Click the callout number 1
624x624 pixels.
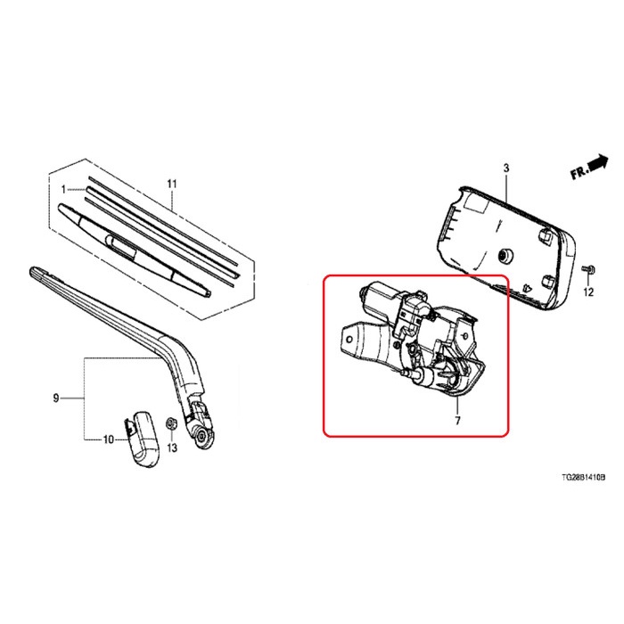[x=65, y=189]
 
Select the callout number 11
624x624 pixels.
[x=173, y=185]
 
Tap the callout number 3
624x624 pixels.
[x=505, y=168]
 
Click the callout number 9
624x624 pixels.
[x=55, y=398]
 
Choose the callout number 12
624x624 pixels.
[x=588, y=291]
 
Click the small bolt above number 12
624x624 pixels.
[x=587, y=268]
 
